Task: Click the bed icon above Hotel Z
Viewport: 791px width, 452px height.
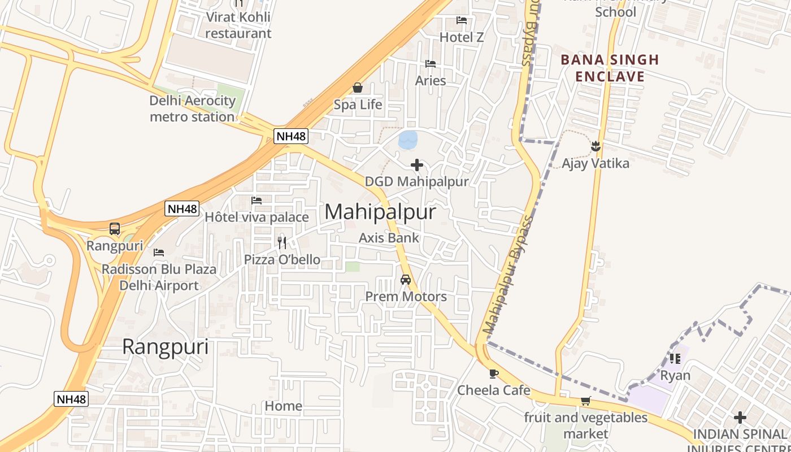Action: [x=462, y=20]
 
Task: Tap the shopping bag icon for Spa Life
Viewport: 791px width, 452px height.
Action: [x=358, y=88]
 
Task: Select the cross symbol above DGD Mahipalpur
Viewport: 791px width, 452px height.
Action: [x=417, y=165]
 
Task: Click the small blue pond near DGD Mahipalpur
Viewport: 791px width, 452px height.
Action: [x=408, y=140]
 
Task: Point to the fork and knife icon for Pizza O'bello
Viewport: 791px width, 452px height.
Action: [x=282, y=243]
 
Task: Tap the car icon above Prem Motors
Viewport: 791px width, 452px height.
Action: [x=406, y=279]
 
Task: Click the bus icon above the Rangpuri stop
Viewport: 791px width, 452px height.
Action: [x=115, y=229]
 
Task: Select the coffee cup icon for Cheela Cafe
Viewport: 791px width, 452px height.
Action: [x=494, y=373]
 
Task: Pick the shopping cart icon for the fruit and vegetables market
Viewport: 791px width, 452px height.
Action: [x=585, y=401]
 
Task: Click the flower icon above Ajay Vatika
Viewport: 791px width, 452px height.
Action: [x=596, y=146]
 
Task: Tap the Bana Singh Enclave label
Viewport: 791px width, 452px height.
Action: [x=610, y=68]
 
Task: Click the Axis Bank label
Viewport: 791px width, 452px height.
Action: [x=389, y=238]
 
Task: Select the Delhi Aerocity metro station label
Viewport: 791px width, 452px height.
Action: [x=192, y=109]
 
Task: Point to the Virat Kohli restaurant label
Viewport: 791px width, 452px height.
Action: [x=238, y=25]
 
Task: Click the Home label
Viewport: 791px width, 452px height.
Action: [x=284, y=406]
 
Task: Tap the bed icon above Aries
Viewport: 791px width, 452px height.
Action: [x=431, y=64]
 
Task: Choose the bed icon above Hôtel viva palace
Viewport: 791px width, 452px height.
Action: [x=257, y=201]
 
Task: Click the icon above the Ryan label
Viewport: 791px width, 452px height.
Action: [x=675, y=358]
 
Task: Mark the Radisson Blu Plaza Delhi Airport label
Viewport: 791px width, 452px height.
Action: [x=159, y=277]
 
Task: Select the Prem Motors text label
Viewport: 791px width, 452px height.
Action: [x=406, y=297]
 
